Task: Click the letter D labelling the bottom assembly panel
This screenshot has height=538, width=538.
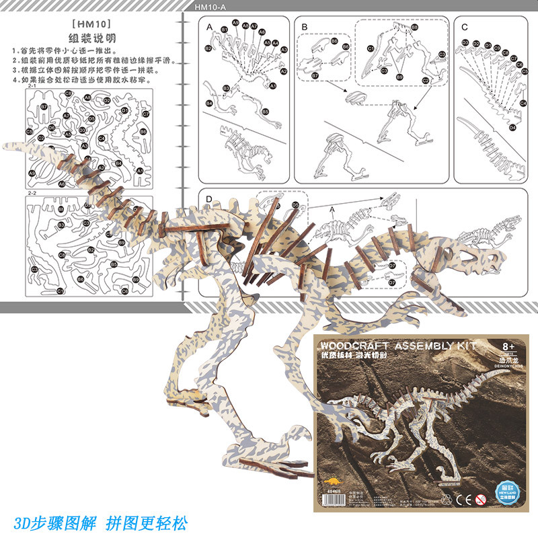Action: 209,199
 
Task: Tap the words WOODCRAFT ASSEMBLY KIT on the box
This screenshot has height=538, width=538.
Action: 397,346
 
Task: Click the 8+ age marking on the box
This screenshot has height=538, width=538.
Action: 509,346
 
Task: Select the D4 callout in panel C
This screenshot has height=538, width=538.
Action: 512,127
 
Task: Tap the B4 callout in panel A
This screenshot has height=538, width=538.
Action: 209,103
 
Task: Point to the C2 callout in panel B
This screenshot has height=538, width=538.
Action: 384,70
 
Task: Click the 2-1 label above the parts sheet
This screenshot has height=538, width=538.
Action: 31,87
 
